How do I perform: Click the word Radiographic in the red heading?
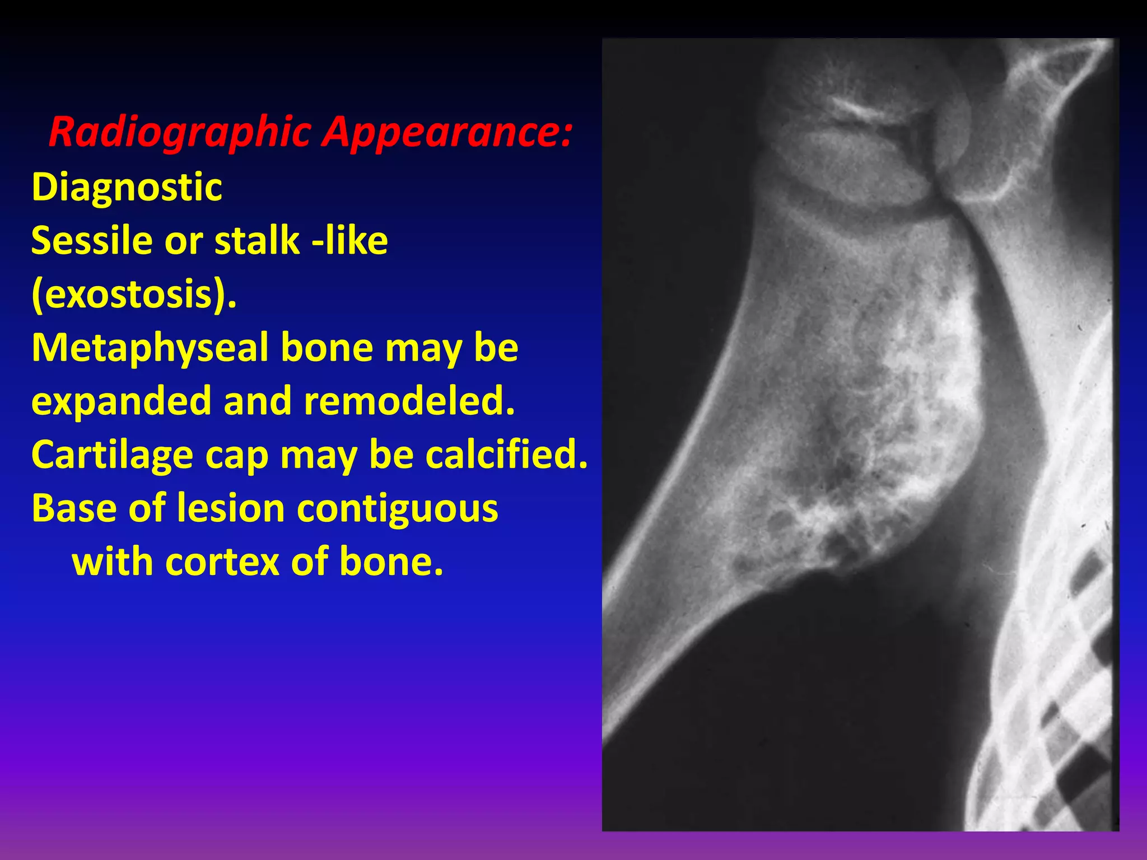tap(179, 132)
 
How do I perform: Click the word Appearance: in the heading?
tap(448, 132)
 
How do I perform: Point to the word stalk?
tap(257, 240)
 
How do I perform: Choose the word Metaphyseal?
tap(150, 348)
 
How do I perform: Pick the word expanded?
tap(121, 401)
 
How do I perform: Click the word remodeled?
tap(409, 401)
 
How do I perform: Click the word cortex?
tap(222, 562)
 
